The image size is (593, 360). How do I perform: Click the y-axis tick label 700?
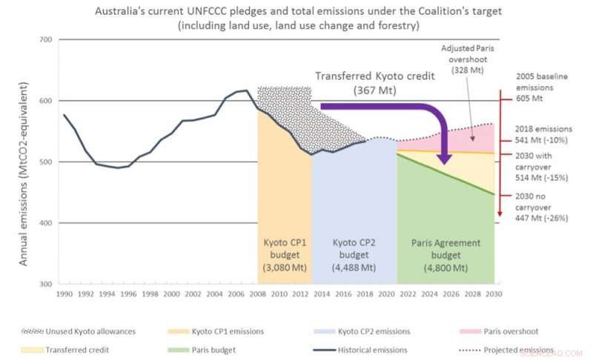click(x=46, y=39)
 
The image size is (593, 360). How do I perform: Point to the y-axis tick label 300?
click(x=46, y=284)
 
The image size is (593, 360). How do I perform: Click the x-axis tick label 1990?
click(x=64, y=294)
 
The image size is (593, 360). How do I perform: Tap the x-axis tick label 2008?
click(x=258, y=294)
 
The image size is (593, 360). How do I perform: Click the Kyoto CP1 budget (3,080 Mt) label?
click(x=284, y=255)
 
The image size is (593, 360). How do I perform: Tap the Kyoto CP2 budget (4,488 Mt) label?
click(x=354, y=255)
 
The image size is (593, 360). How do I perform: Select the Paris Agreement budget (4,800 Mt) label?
click(x=445, y=255)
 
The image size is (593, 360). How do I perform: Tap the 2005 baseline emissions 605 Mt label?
click(x=544, y=86)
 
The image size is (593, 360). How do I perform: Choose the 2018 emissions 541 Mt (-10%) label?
click(x=543, y=134)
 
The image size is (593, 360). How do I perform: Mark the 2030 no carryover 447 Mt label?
click(x=543, y=207)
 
